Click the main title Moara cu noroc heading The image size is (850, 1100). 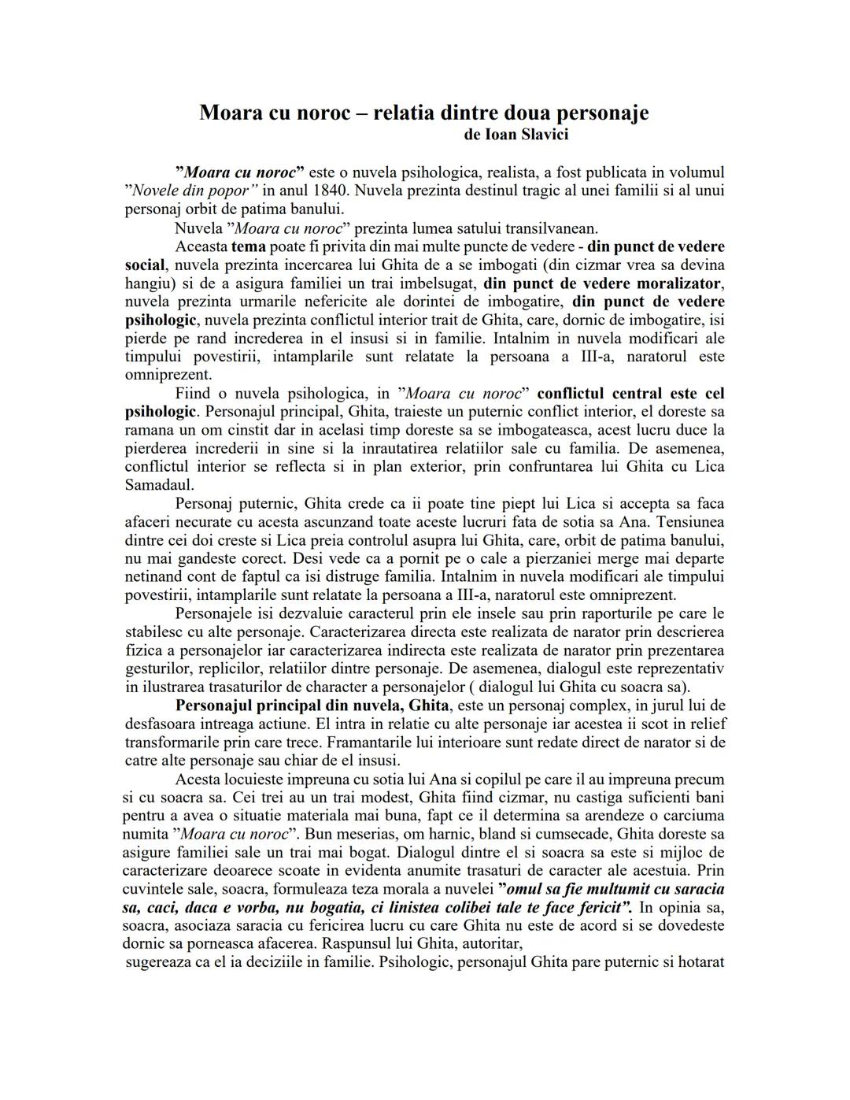423,113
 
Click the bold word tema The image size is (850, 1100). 248,247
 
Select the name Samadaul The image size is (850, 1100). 159,484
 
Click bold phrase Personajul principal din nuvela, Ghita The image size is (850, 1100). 312,706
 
